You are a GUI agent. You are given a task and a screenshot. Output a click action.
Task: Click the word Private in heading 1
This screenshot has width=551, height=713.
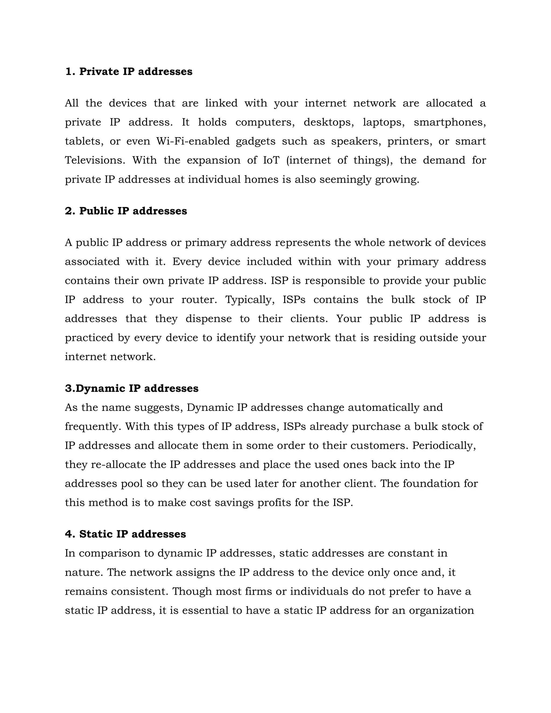click(x=99, y=72)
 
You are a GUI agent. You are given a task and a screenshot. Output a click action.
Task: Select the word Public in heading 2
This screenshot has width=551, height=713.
click(x=96, y=211)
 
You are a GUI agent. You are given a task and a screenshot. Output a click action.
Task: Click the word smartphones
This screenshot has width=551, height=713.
click(x=450, y=122)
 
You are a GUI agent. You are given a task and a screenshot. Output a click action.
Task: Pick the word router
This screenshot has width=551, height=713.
click(x=199, y=300)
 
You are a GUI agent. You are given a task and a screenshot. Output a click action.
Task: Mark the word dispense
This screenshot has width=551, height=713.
click(x=209, y=319)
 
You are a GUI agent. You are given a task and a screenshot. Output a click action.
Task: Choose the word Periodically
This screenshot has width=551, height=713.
click(x=444, y=446)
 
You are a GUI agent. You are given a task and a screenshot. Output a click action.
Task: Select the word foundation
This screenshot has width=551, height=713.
click(x=429, y=483)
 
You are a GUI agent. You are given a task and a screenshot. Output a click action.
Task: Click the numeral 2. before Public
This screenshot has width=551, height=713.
click(x=70, y=211)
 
